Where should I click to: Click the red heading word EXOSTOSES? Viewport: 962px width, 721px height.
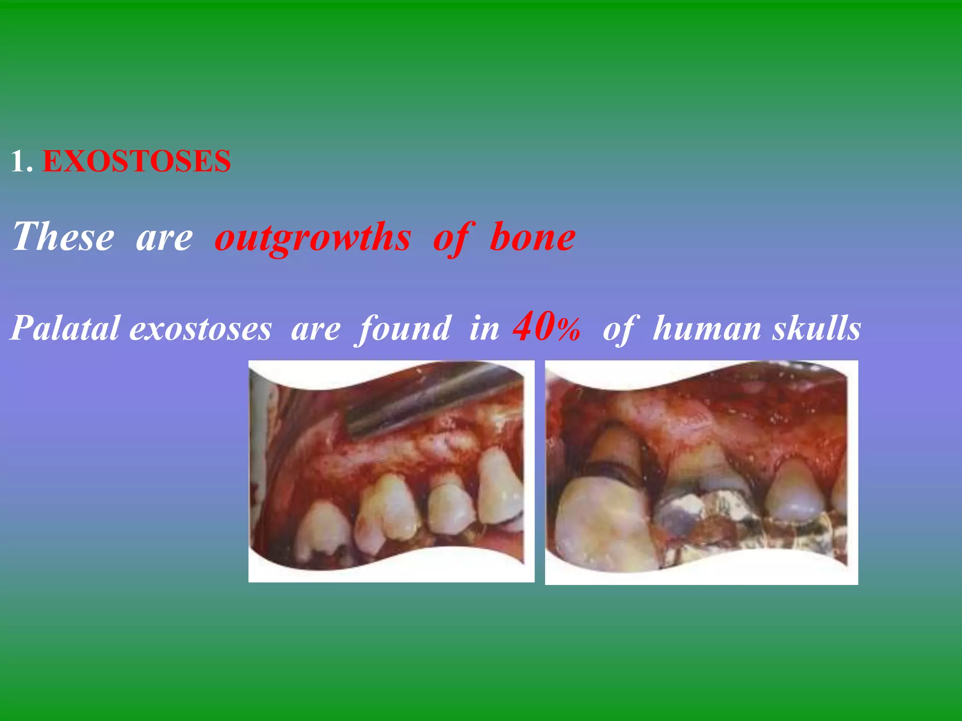(136, 161)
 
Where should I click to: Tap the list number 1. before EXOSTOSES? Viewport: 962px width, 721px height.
(22, 161)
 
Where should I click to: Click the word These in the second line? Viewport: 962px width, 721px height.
(63, 237)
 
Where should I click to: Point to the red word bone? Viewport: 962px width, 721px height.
(532, 237)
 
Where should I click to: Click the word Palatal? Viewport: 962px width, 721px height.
(65, 328)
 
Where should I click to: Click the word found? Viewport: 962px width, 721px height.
(404, 328)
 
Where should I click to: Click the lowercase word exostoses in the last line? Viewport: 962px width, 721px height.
(200, 328)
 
